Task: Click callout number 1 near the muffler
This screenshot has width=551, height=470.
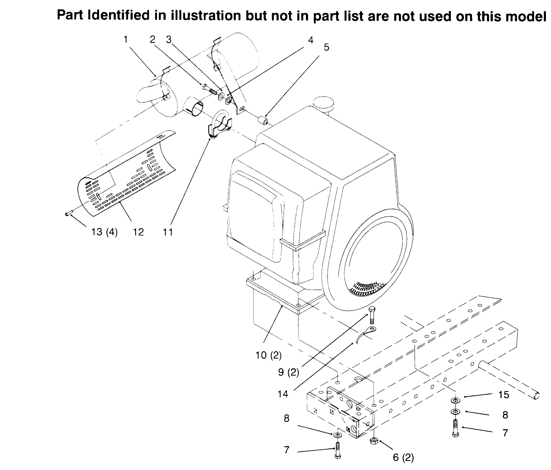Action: (125, 39)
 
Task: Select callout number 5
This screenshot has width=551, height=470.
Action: (327, 47)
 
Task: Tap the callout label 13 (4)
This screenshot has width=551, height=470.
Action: (104, 232)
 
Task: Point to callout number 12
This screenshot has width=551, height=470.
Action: (138, 232)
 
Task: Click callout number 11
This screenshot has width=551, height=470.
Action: (168, 232)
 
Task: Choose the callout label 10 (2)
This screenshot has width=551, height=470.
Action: (268, 355)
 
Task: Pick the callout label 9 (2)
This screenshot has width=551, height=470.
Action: (289, 372)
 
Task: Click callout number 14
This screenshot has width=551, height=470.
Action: (283, 394)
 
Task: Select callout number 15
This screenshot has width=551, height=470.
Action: (504, 395)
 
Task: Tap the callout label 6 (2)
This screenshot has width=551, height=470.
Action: (404, 458)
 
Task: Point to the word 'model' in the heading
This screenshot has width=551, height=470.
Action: (527, 16)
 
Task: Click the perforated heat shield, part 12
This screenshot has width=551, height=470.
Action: (127, 173)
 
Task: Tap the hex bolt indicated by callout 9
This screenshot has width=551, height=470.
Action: (372, 315)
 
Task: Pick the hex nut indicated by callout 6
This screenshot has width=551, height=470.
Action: (374, 441)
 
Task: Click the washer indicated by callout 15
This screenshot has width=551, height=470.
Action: (456, 400)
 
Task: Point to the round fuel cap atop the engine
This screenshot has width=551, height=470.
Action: (324, 103)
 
